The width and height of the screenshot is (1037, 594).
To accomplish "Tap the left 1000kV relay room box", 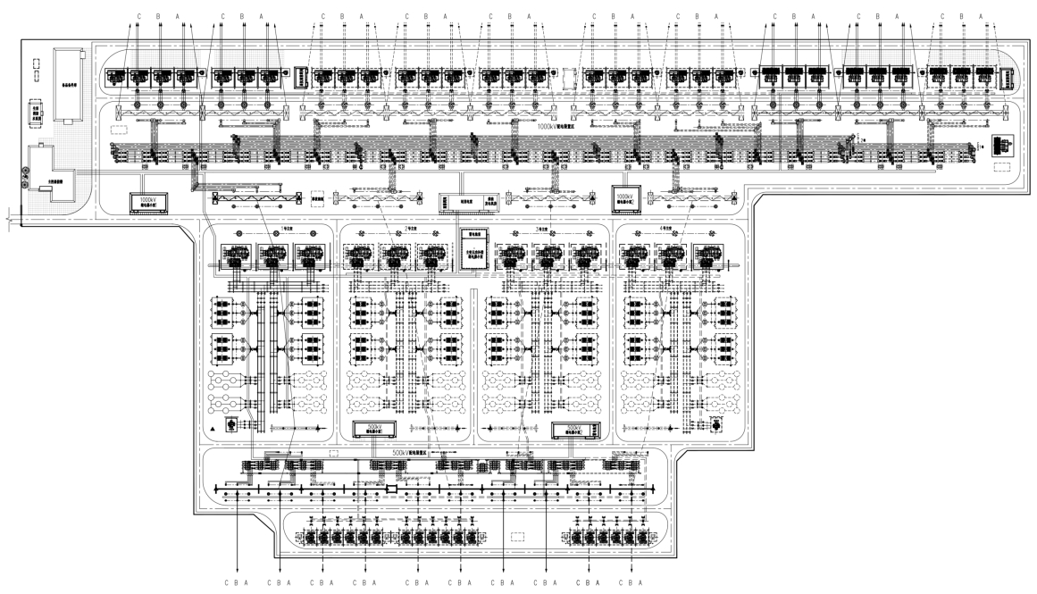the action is [x=145, y=199].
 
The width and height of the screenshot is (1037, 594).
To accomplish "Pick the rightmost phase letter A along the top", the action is [x=980, y=16].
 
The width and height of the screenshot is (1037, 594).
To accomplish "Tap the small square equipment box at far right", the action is [x=1003, y=145].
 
